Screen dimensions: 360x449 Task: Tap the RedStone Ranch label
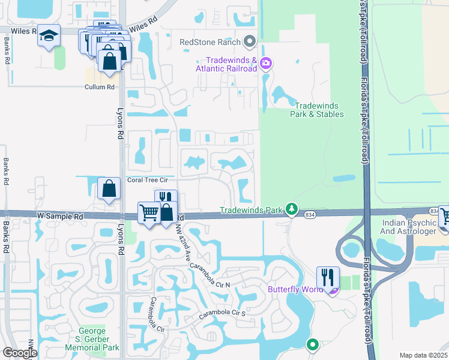[210, 42]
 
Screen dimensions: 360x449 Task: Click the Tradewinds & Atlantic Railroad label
[231, 64]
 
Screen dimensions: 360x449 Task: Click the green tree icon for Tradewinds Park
[292, 209]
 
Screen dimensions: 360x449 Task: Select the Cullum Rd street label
[99, 87]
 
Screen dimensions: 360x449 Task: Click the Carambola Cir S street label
[222, 314]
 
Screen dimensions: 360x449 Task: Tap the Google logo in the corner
[20, 353]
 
